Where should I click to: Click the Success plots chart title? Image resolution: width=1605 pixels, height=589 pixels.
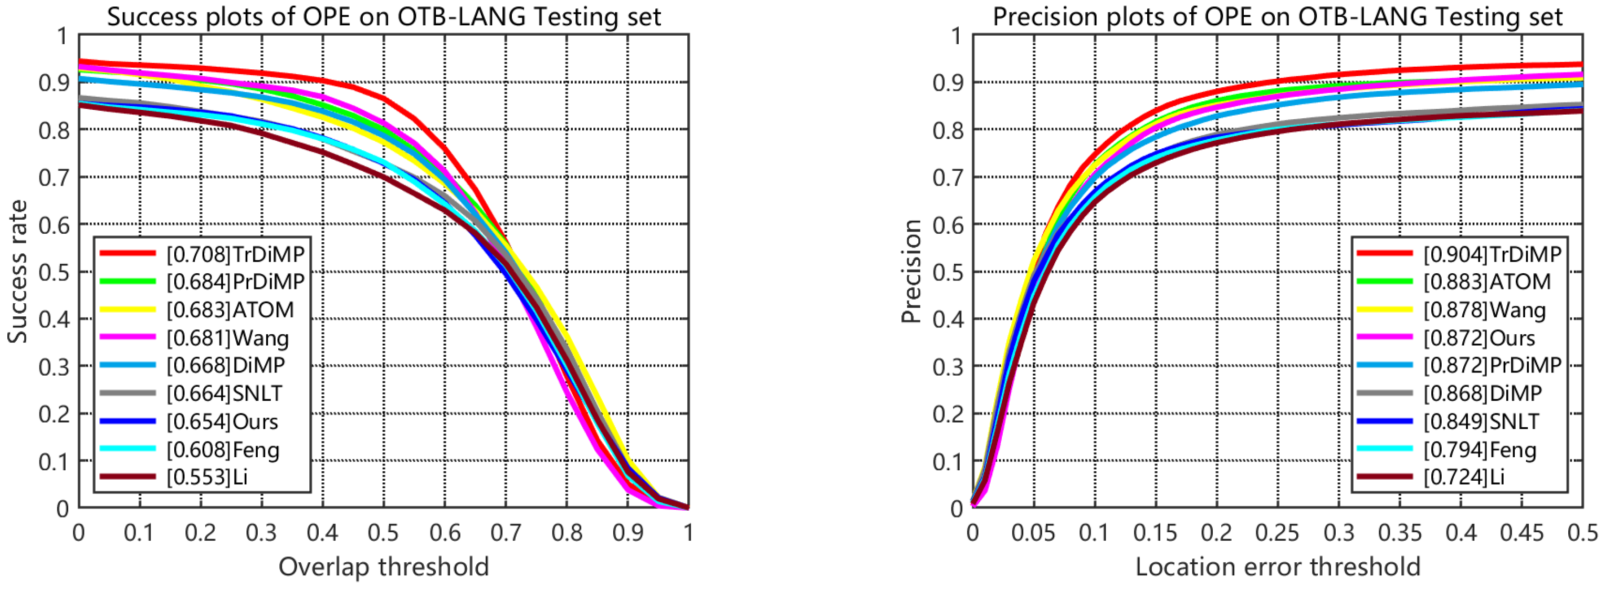383,17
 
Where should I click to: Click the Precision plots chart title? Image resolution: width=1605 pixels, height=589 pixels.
1277,17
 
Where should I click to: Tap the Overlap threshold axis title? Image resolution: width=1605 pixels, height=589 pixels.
383,566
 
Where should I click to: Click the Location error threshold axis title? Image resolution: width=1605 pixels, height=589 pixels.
1277,566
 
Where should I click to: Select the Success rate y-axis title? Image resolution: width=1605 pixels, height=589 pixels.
17,272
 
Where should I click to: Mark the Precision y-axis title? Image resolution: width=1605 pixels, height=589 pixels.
911,272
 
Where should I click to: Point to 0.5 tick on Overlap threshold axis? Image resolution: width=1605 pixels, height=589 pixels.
383,533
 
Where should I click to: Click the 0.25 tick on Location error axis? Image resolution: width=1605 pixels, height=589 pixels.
1277,533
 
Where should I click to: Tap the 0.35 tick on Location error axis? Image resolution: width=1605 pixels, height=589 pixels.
1399,533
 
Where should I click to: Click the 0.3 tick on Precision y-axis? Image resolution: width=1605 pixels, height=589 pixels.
948,367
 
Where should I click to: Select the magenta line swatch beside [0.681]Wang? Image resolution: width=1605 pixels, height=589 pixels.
127,337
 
